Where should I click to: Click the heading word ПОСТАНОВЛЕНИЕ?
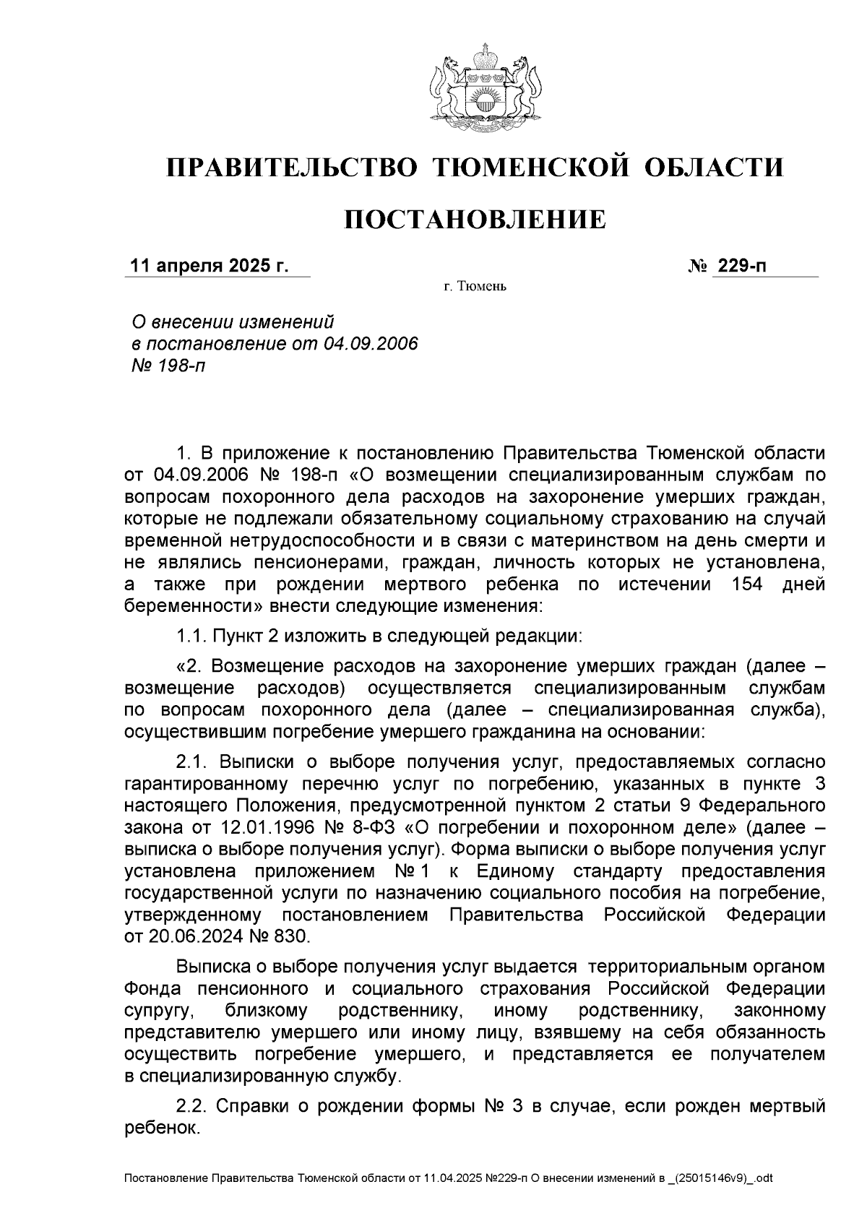(474, 219)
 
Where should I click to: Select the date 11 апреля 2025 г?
(208, 266)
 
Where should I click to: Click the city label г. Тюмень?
(474, 288)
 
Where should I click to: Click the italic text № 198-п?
(166, 366)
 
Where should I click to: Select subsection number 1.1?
(191, 636)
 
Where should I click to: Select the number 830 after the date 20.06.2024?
(290, 936)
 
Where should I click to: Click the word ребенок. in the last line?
(161, 1127)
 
